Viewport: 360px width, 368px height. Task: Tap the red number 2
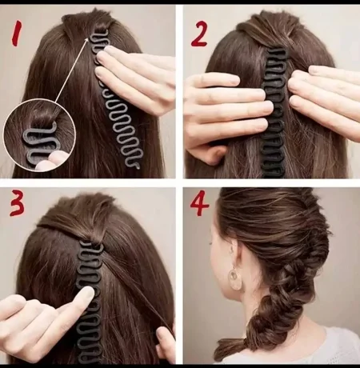(199, 34)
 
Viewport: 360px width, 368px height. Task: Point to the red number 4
(200, 203)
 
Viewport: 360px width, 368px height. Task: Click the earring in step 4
(235, 277)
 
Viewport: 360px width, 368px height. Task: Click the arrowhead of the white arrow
(86, 40)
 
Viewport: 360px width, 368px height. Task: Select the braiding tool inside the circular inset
(39, 144)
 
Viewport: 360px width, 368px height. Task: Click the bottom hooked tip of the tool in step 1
(137, 167)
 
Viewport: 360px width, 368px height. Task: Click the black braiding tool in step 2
(274, 113)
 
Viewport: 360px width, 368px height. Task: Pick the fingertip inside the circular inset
(50, 161)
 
